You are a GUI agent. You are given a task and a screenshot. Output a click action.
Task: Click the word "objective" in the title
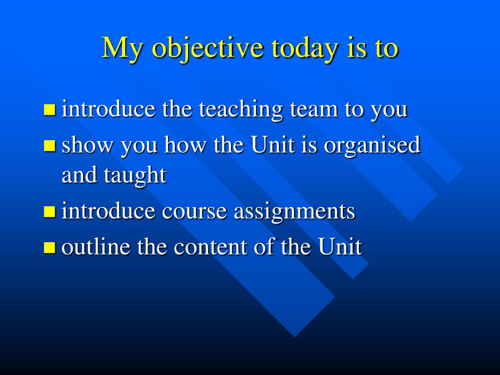(208, 48)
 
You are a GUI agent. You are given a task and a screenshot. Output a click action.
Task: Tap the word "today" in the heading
(305, 48)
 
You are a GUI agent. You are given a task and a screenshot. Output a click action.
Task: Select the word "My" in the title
(122, 48)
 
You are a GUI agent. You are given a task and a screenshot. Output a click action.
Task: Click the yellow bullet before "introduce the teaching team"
(49, 109)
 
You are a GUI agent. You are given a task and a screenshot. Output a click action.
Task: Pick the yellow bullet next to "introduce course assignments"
(49, 211)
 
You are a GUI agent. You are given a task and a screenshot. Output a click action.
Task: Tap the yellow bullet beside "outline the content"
(49, 247)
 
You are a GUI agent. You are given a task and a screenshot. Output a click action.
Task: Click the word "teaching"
(241, 110)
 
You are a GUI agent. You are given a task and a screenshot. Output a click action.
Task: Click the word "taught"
(135, 176)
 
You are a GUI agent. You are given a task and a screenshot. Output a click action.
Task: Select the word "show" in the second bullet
(88, 145)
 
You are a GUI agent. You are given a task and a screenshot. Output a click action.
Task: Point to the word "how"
(185, 145)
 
